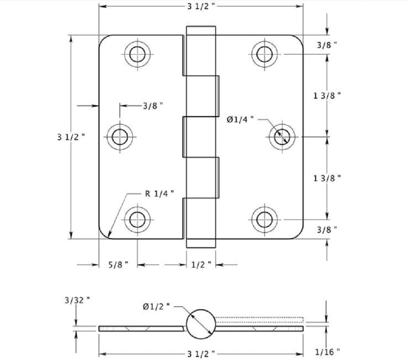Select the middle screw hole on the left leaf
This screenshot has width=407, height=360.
119,137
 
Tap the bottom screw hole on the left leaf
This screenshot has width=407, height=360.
137,219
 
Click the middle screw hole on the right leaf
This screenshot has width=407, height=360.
282,137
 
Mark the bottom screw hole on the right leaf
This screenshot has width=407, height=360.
264,219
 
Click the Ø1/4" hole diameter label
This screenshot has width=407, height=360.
241,119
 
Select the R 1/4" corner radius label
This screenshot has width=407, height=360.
160,193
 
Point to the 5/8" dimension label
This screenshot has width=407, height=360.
118,265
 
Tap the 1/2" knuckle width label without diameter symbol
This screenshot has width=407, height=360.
201,265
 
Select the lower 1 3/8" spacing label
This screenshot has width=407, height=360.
327,178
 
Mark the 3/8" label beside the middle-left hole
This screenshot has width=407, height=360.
153,105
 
